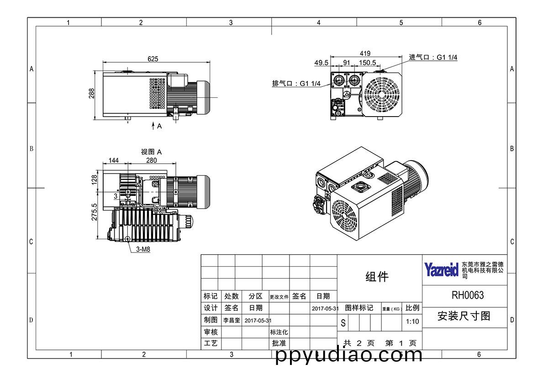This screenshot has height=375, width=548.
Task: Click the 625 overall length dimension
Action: click(x=153, y=59)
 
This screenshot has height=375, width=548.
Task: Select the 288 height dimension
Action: click(x=91, y=94)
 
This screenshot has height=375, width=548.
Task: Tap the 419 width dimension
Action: click(x=365, y=53)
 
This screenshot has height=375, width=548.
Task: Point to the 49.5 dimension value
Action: click(x=321, y=63)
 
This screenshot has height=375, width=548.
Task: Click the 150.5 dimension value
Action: click(x=367, y=63)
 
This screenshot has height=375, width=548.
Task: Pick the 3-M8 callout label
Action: click(x=143, y=249)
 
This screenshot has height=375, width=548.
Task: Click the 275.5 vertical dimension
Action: click(x=94, y=212)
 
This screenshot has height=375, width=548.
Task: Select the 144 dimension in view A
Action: click(x=114, y=161)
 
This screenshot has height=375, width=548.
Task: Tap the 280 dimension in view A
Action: click(x=152, y=161)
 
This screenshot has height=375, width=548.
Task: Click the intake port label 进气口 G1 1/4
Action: click(x=433, y=57)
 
